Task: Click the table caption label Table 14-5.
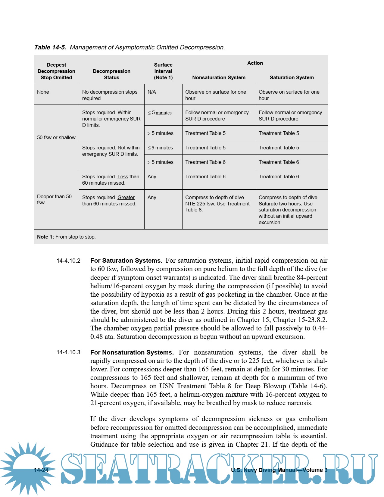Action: [50, 47]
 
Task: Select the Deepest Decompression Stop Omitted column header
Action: [56, 71]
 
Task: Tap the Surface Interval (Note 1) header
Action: [163, 71]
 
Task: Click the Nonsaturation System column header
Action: [219, 77]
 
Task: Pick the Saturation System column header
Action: [292, 77]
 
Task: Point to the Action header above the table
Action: [255, 63]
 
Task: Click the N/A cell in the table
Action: [152, 92]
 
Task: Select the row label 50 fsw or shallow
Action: [56, 137]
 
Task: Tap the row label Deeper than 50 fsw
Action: [54, 199]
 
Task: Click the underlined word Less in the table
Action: [123, 177]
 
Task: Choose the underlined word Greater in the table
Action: [126, 197]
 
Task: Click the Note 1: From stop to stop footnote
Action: [66, 237]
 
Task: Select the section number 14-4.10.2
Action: [68, 261]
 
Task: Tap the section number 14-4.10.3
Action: [68, 352]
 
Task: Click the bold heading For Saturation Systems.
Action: [126, 261]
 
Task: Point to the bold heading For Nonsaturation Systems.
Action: [132, 352]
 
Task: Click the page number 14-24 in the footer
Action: [41, 470]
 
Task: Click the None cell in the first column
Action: [43, 92]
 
